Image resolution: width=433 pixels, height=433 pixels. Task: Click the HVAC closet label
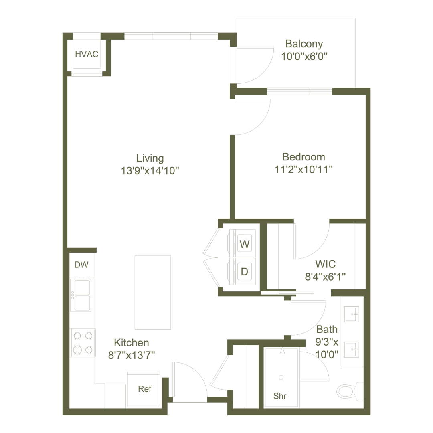(87, 55)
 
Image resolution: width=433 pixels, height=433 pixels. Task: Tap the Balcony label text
(304, 44)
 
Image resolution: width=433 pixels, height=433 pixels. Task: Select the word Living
(150, 158)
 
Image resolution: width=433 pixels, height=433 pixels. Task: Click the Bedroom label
(304, 157)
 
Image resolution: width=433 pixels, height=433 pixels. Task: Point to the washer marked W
(244, 243)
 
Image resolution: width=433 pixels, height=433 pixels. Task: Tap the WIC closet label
(325, 265)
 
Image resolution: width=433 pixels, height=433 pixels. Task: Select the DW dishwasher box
(82, 265)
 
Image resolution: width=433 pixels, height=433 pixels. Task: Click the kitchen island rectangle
(153, 291)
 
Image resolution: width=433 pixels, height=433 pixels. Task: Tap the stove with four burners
(83, 343)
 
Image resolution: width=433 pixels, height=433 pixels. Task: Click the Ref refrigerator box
(143, 389)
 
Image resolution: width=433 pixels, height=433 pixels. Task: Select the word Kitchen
(132, 343)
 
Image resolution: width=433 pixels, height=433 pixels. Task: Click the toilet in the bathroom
(346, 390)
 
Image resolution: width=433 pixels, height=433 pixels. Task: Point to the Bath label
(327, 330)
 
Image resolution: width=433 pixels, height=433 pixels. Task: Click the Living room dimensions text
(150, 171)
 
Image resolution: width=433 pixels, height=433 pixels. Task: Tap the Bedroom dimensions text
(304, 170)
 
